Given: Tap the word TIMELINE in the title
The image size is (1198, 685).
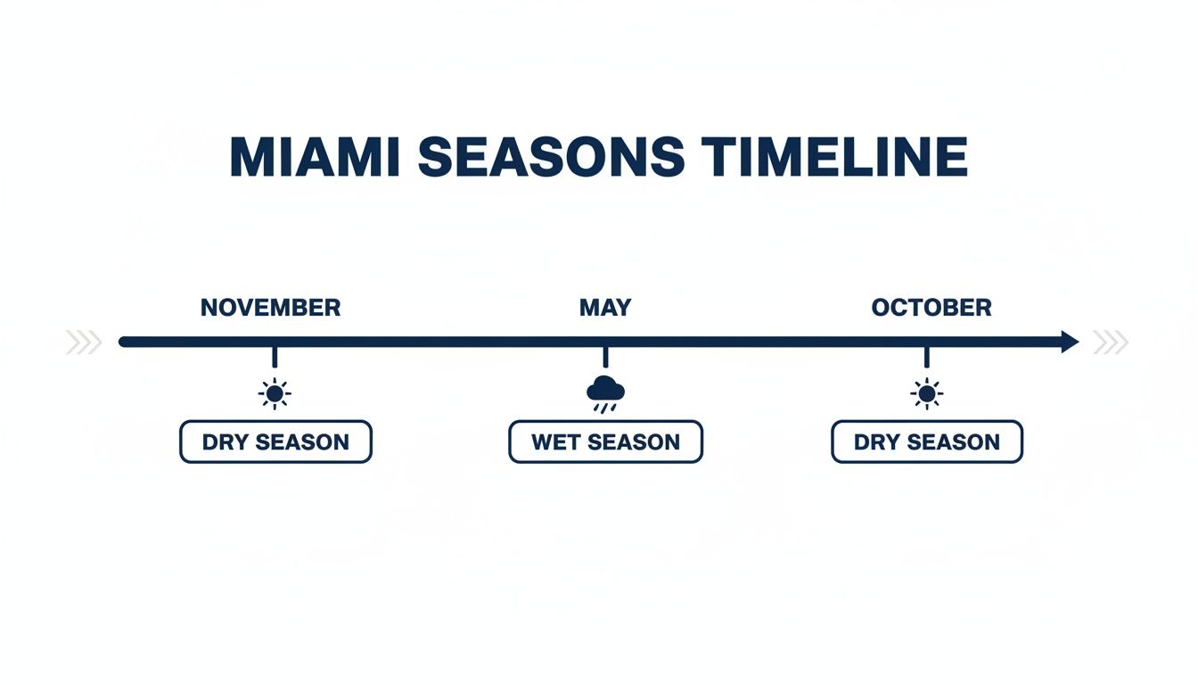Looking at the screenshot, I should click(x=834, y=158).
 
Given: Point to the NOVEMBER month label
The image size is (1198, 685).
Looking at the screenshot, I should click(x=270, y=308).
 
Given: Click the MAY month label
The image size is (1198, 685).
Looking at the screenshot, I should click(x=605, y=308).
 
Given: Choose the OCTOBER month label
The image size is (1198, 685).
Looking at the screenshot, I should click(x=931, y=308).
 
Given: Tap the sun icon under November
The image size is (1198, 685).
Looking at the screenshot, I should click(x=275, y=392).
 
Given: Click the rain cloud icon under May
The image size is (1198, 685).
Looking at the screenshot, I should click(x=606, y=390).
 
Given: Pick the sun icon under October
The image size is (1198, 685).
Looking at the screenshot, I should click(x=927, y=392).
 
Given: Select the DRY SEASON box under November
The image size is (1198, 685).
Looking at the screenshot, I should click(x=275, y=442).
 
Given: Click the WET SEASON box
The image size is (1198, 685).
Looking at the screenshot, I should click(x=605, y=442).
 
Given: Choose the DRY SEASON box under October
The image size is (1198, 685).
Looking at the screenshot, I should click(x=927, y=442).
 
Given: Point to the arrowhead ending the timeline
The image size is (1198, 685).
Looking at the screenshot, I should click(x=1069, y=342).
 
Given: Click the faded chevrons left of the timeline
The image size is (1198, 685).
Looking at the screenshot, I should click(x=84, y=342).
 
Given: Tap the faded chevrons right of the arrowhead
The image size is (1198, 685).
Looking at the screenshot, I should click(x=1111, y=342).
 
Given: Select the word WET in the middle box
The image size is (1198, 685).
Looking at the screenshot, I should click(x=557, y=442).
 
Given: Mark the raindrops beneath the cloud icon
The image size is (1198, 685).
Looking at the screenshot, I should click(x=605, y=408).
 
